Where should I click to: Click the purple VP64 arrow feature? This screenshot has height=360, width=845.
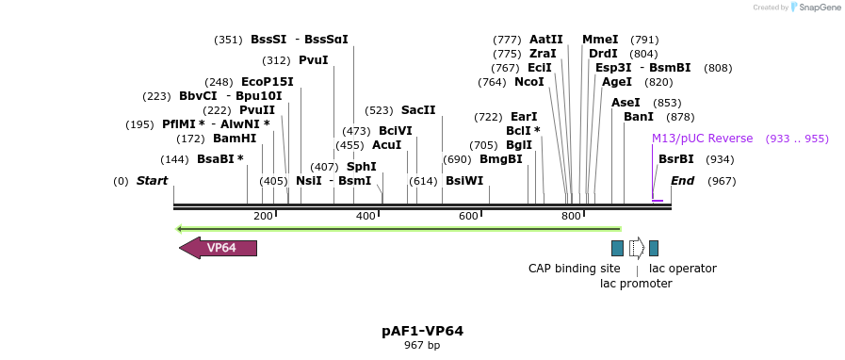(x=219, y=248)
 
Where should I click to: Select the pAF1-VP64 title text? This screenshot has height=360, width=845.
(x=422, y=331)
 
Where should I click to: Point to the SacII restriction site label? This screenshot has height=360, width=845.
(x=418, y=110)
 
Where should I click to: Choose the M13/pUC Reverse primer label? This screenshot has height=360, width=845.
(x=702, y=139)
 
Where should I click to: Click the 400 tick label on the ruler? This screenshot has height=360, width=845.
(x=366, y=217)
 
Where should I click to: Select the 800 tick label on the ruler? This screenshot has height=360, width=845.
(x=571, y=217)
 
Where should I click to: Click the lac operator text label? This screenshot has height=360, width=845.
(x=683, y=269)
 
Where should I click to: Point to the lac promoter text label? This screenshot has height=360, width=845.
(x=636, y=284)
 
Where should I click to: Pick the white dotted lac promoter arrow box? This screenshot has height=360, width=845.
(x=637, y=248)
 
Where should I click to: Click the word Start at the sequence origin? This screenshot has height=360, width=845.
(x=152, y=181)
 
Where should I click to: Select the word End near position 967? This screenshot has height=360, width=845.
(x=682, y=181)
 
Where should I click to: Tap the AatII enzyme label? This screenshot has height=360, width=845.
(x=546, y=40)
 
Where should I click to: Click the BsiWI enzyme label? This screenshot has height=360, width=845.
(x=464, y=181)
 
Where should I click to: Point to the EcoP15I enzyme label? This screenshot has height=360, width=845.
(x=268, y=82)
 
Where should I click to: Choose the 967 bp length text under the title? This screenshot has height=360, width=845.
(x=422, y=346)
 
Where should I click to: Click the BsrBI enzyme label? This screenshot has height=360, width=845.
(x=676, y=159)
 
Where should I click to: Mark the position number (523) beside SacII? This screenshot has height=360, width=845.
(x=379, y=110)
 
